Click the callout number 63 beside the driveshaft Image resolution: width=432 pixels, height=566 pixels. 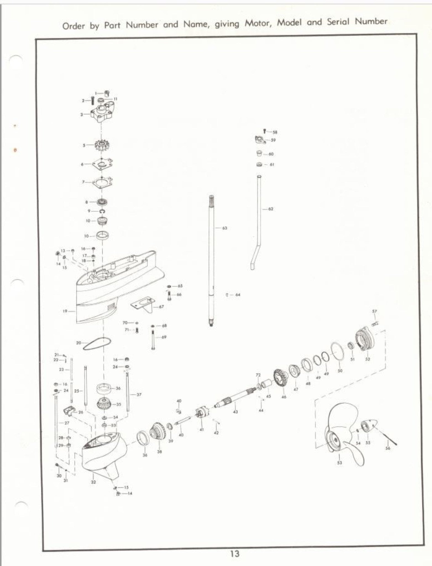coord(225,228)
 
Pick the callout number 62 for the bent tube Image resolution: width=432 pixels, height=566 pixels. coord(271,209)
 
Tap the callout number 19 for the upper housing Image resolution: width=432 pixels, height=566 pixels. coord(65,311)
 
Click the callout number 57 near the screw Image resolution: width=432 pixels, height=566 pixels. coord(375,311)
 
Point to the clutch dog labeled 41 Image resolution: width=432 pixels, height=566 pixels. coord(202,414)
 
